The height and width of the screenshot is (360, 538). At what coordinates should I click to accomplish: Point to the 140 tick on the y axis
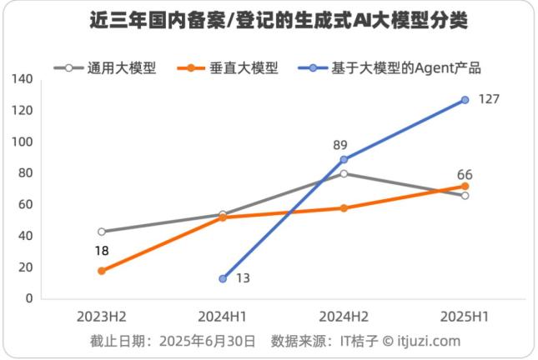coord(23,79)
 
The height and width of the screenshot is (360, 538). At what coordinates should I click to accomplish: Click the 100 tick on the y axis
coord(23,142)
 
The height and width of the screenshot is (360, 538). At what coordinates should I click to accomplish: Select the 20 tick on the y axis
coord(26,267)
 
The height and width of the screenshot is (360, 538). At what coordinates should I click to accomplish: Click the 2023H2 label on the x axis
coord(102,317)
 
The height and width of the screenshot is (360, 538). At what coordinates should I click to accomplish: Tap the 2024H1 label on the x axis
coord(223,317)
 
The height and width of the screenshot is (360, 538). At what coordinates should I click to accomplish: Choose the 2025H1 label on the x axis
coord(465,317)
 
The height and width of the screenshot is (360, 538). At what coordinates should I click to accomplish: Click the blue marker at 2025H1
coord(465,100)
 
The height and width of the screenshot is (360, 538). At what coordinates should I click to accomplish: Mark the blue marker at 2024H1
coord(223,278)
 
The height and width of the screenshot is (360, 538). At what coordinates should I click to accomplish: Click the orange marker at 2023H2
coord(102,271)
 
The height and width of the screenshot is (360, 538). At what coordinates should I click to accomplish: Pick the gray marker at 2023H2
coord(102,232)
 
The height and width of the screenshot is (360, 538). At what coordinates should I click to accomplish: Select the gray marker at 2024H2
coord(344,173)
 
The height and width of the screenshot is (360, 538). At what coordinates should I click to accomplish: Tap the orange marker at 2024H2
coord(344,207)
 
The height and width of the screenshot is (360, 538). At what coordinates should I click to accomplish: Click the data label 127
coord(489,100)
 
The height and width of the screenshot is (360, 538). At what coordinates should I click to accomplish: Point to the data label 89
coord(340,143)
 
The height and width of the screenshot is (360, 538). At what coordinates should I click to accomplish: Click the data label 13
coord(243,278)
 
